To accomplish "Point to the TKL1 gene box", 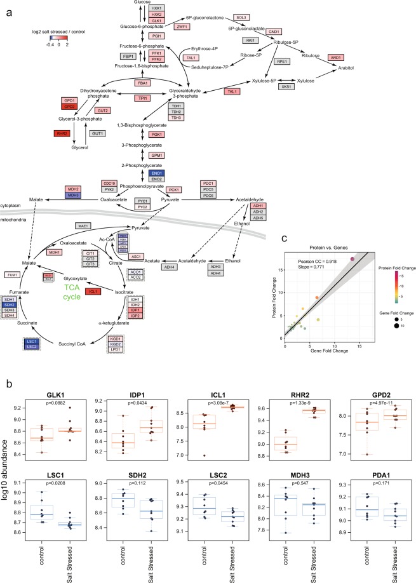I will coord(232,91).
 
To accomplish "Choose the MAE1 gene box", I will coord(83,225).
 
